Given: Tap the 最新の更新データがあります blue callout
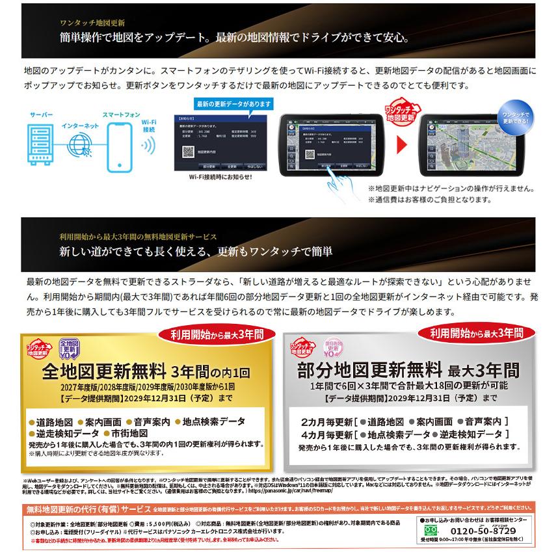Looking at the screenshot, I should pyautogui.click(x=234, y=103).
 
